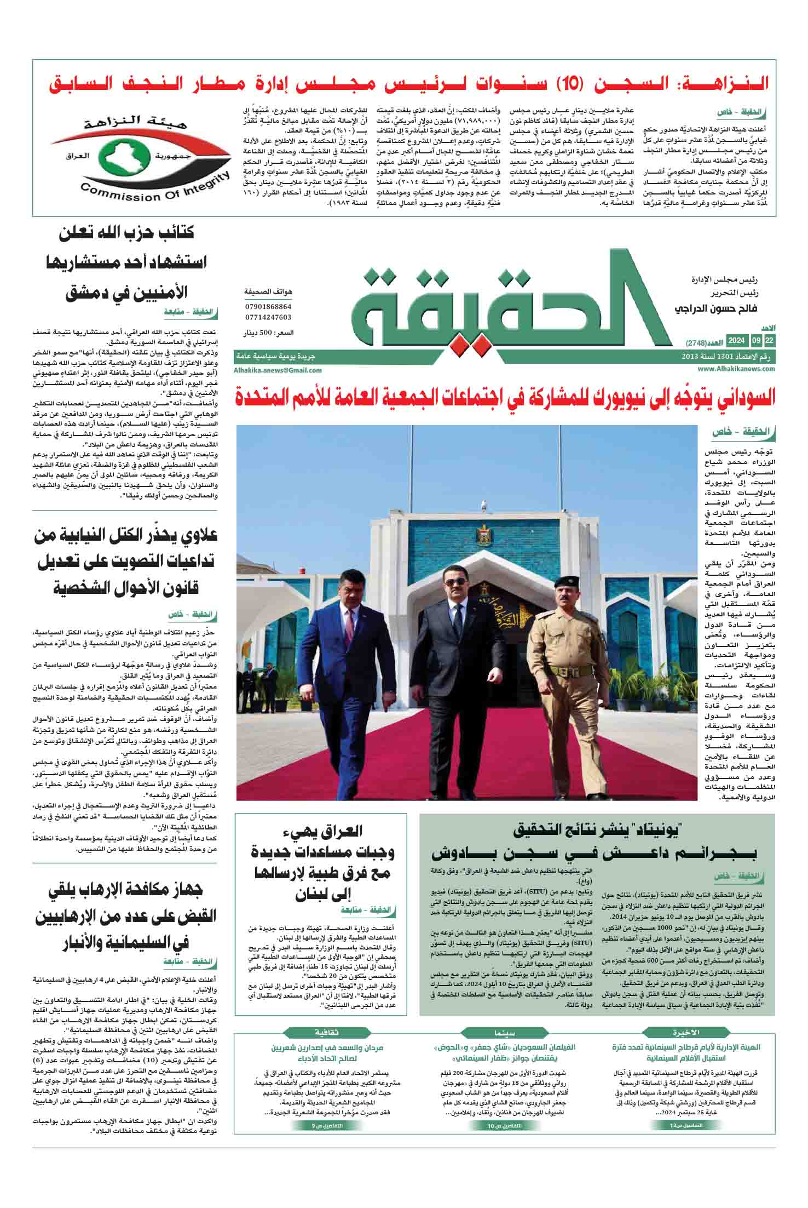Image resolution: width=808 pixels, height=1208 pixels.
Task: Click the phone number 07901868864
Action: coord(268,307)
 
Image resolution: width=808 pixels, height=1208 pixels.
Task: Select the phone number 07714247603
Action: coord(268,317)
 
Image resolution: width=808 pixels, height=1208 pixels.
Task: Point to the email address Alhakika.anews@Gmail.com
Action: coord(278,370)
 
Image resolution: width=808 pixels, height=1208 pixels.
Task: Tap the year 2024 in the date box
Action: coord(737,341)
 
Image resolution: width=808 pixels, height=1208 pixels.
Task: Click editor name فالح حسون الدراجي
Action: coord(717,310)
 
